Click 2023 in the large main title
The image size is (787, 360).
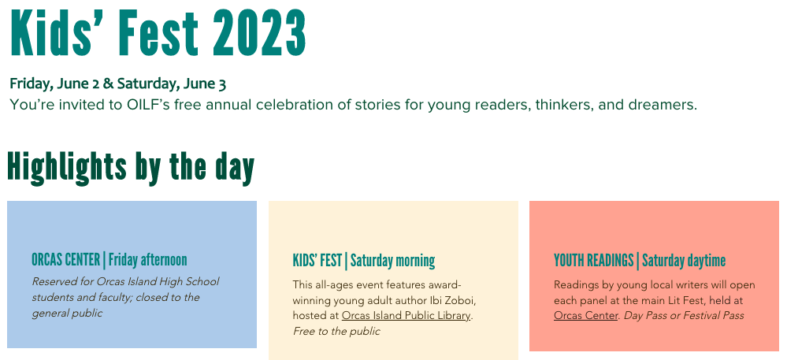tap(259, 33)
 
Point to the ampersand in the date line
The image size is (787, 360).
tap(108, 84)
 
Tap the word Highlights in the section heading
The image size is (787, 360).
tap(60, 168)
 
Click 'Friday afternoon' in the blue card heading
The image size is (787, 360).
tap(147, 260)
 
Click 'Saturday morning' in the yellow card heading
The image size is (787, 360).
tap(392, 261)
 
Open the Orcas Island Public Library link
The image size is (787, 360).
tap(406, 316)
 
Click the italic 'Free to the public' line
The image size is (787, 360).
tap(337, 332)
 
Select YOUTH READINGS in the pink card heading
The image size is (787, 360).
tap(594, 261)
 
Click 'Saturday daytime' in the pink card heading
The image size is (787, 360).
tap(684, 261)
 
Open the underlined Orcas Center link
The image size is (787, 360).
tap(586, 315)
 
